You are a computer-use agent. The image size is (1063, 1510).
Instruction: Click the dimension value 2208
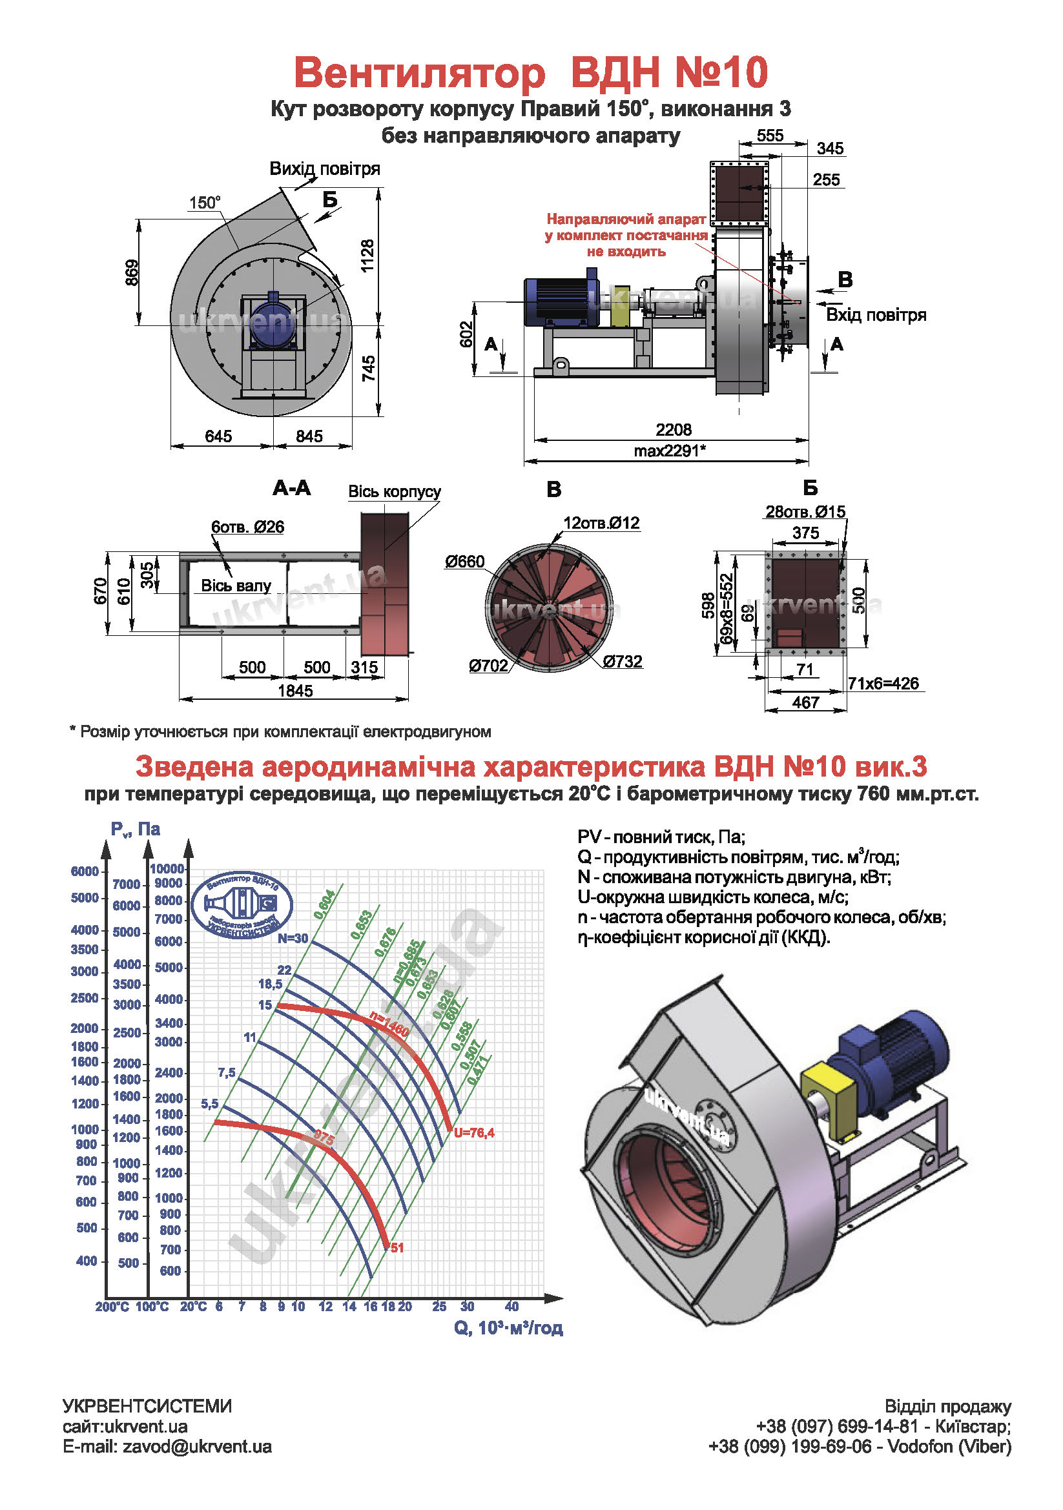(673, 429)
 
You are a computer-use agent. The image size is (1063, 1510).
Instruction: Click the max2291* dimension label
(670, 451)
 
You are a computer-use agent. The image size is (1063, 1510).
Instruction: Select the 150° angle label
(205, 203)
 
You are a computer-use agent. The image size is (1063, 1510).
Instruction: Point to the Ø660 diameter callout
(464, 562)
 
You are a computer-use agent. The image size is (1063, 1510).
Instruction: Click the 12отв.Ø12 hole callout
(601, 523)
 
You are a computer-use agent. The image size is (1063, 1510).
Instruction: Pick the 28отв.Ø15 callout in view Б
(805, 512)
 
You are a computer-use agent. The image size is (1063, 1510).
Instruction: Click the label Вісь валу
(236, 586)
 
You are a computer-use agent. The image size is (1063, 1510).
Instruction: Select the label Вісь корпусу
(394, 492)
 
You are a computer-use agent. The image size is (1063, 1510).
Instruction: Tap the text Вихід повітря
(324, 169)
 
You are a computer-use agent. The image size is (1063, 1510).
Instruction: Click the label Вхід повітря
(876, 315)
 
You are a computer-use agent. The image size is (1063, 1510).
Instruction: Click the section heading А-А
(291, 488)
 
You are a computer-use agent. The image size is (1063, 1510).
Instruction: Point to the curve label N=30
(292, 939)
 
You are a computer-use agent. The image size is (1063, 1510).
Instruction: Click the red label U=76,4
(473, 1132)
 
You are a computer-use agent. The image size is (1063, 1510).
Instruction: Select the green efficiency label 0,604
(324, 904)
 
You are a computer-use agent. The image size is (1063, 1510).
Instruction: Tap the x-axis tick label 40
(511, 1306)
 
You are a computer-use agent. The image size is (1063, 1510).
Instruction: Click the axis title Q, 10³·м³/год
(508, 1328)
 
